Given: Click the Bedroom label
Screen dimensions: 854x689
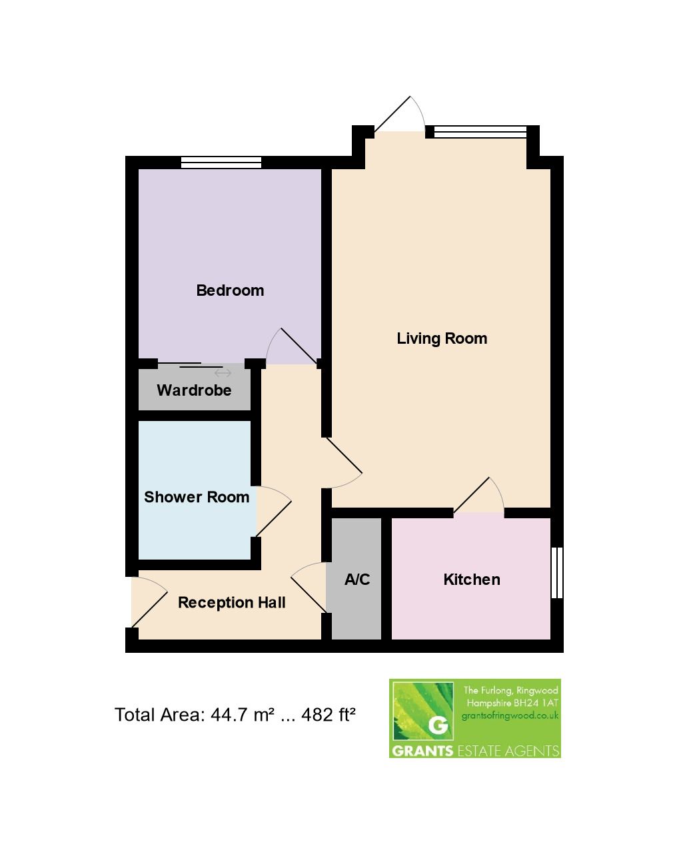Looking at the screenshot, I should click(230, 290).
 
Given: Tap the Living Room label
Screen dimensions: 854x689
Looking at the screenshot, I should click(442, 338).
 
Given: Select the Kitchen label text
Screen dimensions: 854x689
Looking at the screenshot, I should click(472, 580).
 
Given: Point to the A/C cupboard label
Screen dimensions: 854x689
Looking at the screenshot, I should click(356, 580).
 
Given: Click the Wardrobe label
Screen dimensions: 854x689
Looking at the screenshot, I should click(194, 390).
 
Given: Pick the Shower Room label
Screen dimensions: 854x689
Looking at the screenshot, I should click(197, 497).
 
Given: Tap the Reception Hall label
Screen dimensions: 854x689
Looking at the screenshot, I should click(231, 603).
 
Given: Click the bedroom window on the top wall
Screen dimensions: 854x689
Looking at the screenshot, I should click(221, 162).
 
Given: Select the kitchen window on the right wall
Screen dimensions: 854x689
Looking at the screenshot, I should click(557, 573).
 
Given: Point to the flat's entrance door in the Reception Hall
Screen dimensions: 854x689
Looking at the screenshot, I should click(148, 603).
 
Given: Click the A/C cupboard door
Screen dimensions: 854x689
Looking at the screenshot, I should click(309, 586).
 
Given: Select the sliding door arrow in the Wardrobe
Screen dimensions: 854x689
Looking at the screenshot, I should click(223, 373).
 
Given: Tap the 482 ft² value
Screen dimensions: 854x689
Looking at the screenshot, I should click(329, 715).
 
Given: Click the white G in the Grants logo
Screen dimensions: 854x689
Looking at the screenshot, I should click(438, 725).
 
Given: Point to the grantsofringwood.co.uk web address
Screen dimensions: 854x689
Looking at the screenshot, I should click(510, 716).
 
